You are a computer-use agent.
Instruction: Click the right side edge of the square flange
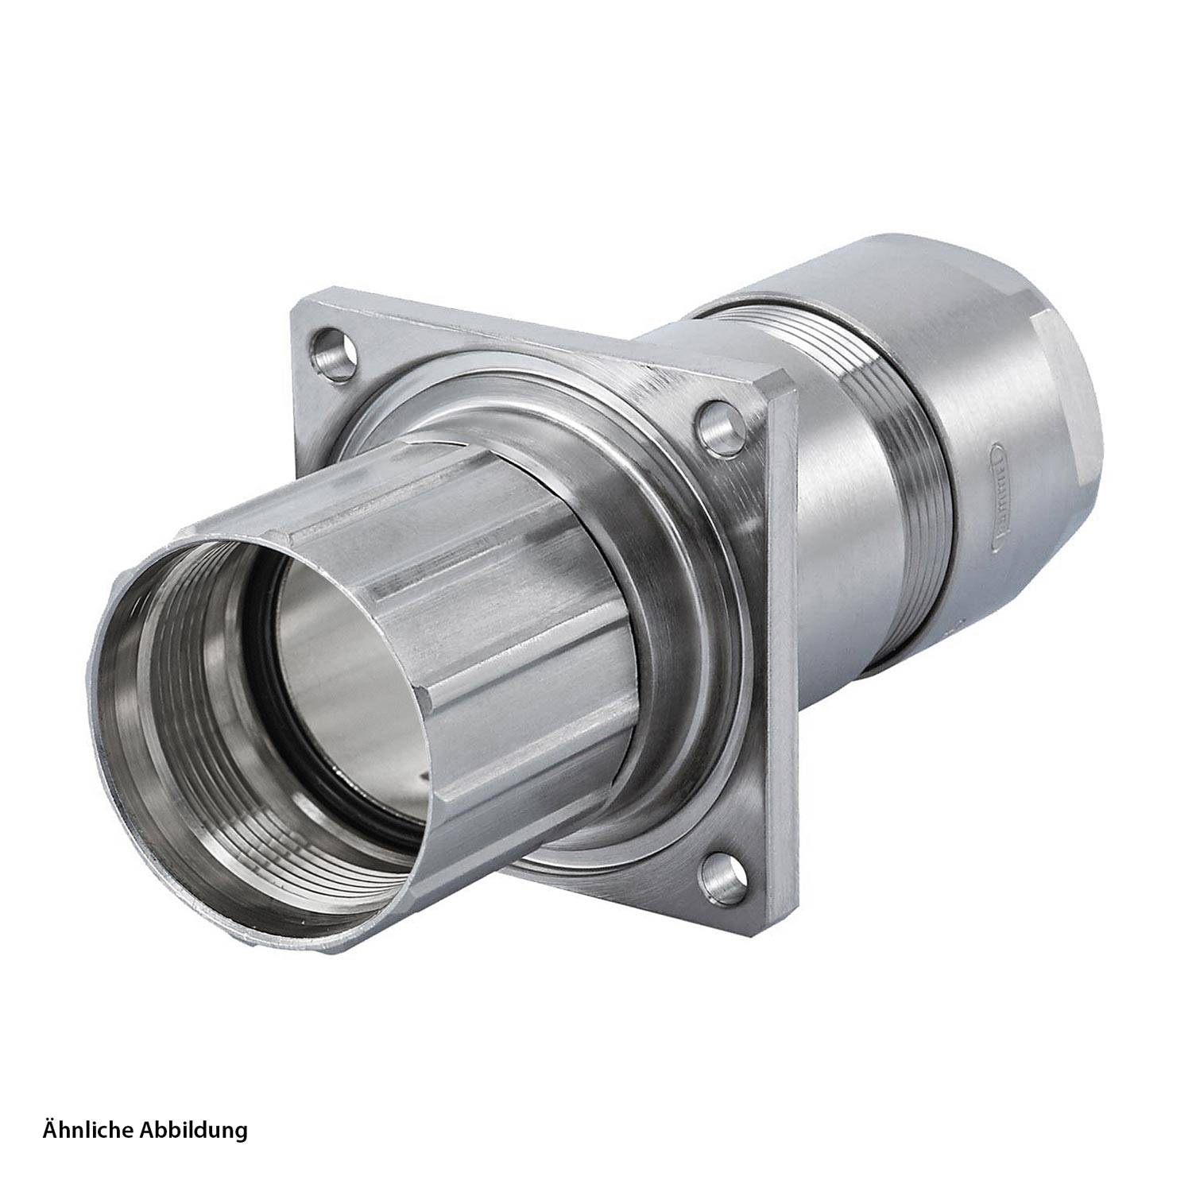[787, 636]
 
